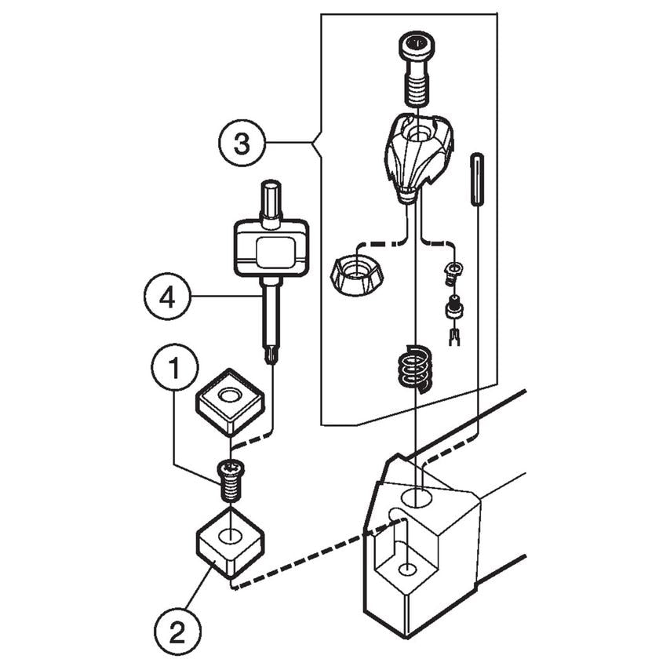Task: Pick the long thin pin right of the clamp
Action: coord(476,180)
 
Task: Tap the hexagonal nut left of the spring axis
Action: coord(358,275)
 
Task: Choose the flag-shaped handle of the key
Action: coord(271,249)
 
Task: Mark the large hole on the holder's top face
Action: coord(417,498)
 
